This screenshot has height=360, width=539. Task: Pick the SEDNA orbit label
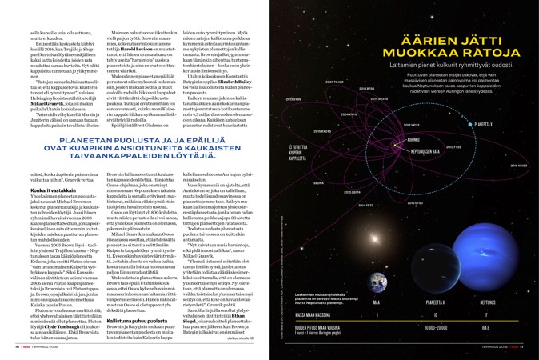(318, 182)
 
